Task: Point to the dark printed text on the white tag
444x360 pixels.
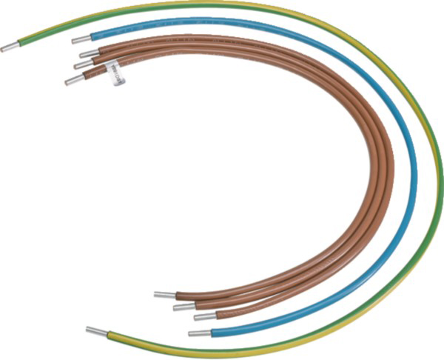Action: click(x=115, y=73)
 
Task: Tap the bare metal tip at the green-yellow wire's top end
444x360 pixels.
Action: click(x=9, y=47)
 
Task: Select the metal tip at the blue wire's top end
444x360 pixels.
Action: click(x=80, y=39)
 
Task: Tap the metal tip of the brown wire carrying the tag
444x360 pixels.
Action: click(x=73, y=79)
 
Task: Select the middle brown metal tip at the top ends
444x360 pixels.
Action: click(x=83, y=65)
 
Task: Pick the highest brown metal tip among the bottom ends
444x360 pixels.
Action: click(x=164, y=294)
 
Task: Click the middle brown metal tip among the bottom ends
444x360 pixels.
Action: click(x=182, y=306)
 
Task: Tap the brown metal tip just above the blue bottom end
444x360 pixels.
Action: click(x=203, y=316)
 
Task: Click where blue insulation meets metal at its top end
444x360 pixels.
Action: click(x=91, y=37)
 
